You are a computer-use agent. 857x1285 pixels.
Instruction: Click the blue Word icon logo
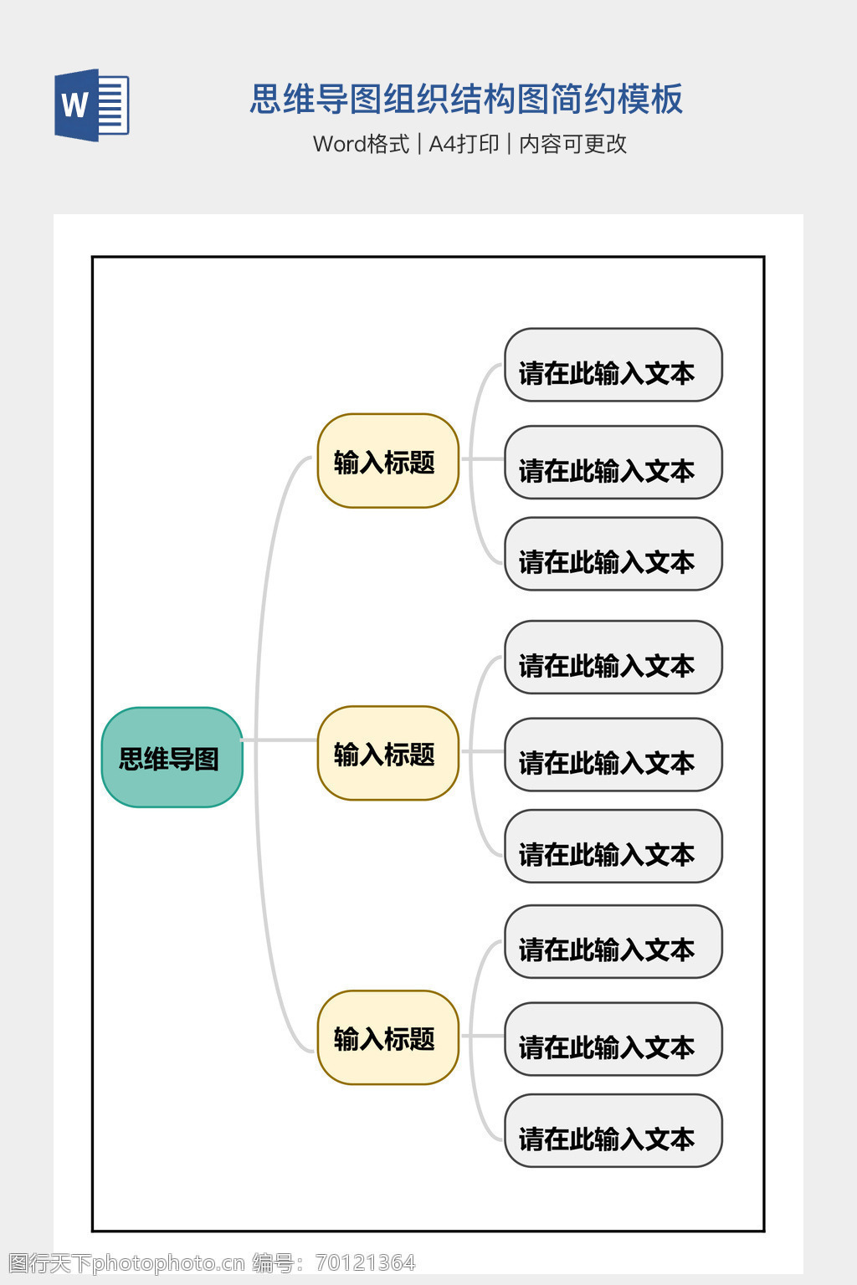(92, 105)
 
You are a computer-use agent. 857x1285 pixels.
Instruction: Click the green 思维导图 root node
(172, 757)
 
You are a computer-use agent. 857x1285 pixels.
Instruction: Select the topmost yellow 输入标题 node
(387, 461)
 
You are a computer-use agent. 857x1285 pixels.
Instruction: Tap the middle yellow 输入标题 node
(387, 753)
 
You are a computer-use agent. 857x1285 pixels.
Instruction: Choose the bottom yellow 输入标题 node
(387, 1037)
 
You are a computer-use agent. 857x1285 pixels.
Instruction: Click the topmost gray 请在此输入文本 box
(613, 365)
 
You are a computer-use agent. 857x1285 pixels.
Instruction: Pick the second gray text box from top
(613, 463)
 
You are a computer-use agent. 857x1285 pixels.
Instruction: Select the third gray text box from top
(613, 554)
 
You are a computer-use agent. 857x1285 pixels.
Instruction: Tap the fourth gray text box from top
(613, 658)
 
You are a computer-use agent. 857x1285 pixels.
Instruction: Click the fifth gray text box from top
(613, 755)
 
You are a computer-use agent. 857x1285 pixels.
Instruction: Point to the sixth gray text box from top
(613, 846)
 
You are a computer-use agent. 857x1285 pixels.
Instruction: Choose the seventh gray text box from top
(613, 942)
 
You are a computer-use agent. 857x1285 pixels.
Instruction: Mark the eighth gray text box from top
(613, 1039)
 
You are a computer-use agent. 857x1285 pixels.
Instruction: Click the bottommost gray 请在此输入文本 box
(613, 1130)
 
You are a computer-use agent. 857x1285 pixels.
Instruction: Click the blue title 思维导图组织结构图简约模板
(466, 99)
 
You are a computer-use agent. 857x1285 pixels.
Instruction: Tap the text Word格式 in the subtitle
(361, 144)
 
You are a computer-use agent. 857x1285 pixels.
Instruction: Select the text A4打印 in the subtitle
(464, 144)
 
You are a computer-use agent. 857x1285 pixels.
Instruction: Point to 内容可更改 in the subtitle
(572, 144)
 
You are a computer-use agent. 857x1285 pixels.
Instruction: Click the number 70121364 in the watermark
(365, 1262)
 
